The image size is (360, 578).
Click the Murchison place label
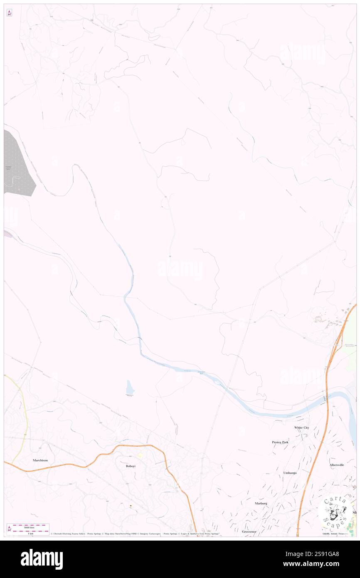40,460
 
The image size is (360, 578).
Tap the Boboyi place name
131,466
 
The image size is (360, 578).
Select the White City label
301,427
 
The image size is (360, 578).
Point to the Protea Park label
280,442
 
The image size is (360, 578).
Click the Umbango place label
290,473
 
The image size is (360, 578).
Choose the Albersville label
337,464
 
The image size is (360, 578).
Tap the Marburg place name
261,503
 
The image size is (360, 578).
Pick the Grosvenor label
250,531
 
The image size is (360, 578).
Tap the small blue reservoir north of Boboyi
130,388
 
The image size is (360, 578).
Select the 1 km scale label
28,533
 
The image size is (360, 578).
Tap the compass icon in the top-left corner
9,13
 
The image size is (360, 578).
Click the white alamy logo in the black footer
42,559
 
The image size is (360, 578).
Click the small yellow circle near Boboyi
140,456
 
